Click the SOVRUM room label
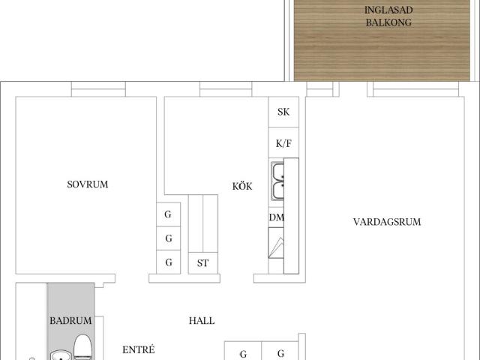(88, 184)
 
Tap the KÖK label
(242, 186)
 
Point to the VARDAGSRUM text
(387, 222)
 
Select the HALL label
(202, 320)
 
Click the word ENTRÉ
(138, 349)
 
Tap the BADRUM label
(70, 320)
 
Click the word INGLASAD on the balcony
(388, 10)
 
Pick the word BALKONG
(388, 22)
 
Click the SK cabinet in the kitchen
(283, 112)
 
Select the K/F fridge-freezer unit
(283, 142)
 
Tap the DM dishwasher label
(276, 217)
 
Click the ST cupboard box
(203, 263)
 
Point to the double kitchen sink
(277, 181)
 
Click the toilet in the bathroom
(82, 347)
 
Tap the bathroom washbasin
(61, 355)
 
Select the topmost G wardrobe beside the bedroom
(168, 214)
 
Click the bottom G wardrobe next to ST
(168, 262)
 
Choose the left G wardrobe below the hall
(243, 351)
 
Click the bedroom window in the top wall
(98, 89)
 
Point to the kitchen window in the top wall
(226, 89)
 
